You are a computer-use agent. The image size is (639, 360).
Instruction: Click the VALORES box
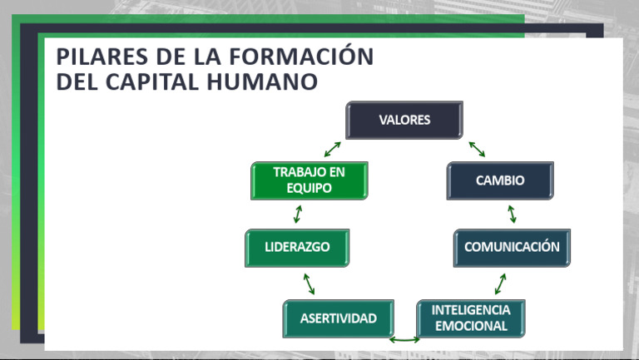tap(404, 120)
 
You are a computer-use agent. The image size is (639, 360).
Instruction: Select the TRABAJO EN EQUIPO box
tap(309, 180)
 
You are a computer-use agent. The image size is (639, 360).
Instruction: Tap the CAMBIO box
tap(499, 180)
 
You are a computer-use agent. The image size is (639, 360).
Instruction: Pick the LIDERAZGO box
tap(297, 248)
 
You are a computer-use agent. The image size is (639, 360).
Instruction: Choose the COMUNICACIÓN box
tap(512, 248)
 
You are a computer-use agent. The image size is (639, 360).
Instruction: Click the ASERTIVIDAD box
tap(338, 318)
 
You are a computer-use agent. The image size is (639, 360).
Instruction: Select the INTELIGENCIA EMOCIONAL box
tap(471, 318)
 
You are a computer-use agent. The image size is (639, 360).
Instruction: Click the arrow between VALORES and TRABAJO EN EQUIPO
tap(332, 149)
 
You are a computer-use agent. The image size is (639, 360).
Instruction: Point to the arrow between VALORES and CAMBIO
tap(477, 149)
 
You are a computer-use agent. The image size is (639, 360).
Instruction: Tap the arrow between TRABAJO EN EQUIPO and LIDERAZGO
tap(297, 215)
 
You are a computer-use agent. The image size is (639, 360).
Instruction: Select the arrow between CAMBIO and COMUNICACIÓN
tap(512, 215)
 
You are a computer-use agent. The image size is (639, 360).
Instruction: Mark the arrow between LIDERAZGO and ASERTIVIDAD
tap(309, 284)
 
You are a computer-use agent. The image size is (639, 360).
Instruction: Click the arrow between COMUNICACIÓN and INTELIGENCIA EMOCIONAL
tap(500, 284)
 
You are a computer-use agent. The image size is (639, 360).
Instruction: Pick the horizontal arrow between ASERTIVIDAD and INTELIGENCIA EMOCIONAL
tap(404, 339)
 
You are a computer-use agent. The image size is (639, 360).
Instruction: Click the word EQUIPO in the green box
tap(309, 189)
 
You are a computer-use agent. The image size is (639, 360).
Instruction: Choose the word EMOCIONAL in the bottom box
tap(471, 326)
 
